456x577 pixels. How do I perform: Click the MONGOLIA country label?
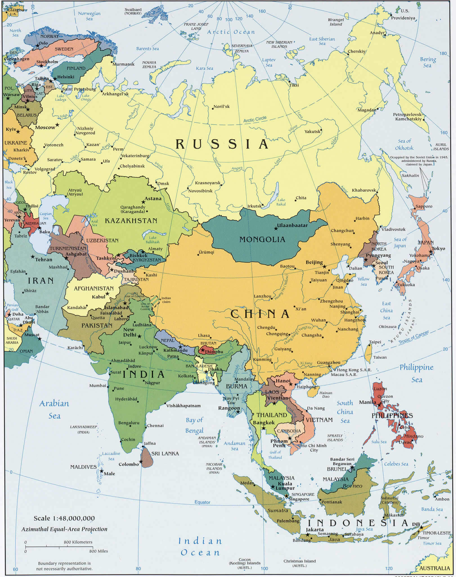click(262, 240)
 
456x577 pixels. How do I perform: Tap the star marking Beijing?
click(324, 266)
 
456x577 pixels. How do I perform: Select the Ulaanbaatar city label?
click(292, 225)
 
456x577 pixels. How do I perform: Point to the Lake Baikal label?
click(281, 202)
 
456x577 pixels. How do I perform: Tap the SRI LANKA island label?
click(165, 453)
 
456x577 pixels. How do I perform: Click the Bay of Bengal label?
click(194, 425)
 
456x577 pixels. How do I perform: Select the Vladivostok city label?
click(393, 229)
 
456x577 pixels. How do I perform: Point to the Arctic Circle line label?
click(255, 119)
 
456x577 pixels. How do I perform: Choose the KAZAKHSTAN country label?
click(131, 221)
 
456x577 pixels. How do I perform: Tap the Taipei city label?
click(375, 342)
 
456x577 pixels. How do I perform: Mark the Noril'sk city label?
click(221, 106)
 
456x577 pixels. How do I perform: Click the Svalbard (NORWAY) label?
click(133, 11)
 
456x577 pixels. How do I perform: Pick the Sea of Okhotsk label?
click(404, 144)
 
